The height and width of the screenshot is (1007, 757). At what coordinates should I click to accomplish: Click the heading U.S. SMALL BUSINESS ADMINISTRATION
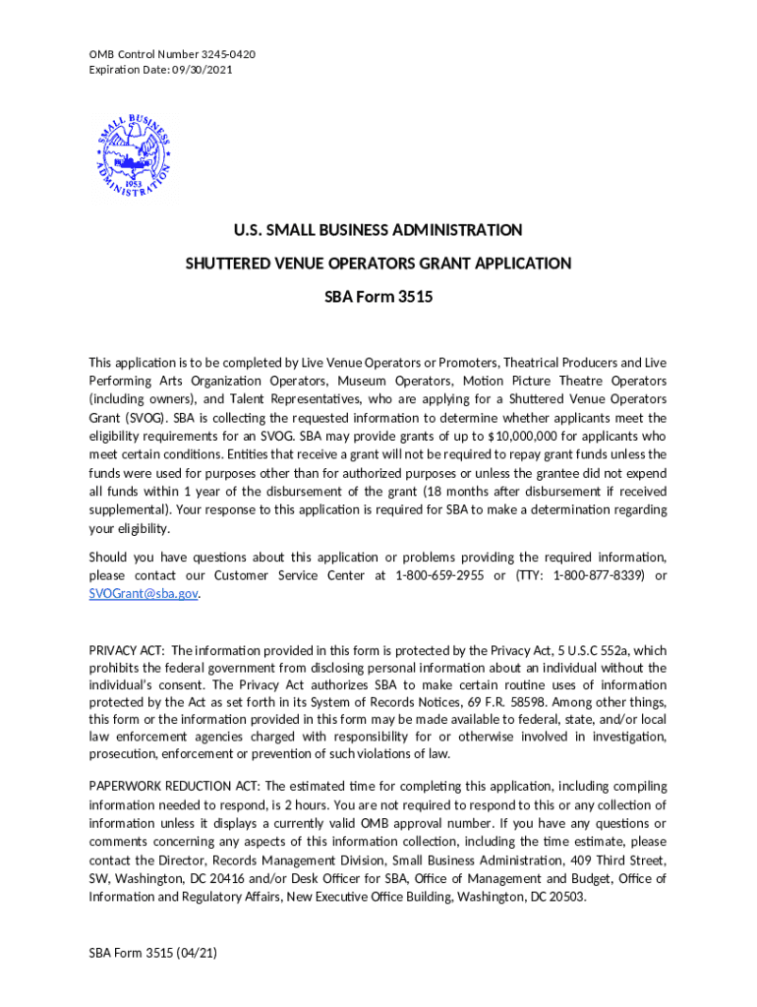(378, 230)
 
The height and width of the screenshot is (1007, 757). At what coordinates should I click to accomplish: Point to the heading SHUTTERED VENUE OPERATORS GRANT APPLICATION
(378, 264)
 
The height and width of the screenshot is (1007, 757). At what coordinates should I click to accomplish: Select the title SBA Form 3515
(378, 296)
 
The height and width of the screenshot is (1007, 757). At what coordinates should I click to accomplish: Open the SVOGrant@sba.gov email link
(144, 594)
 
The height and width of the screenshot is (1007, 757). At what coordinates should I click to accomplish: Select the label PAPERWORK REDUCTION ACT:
(174, 786)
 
